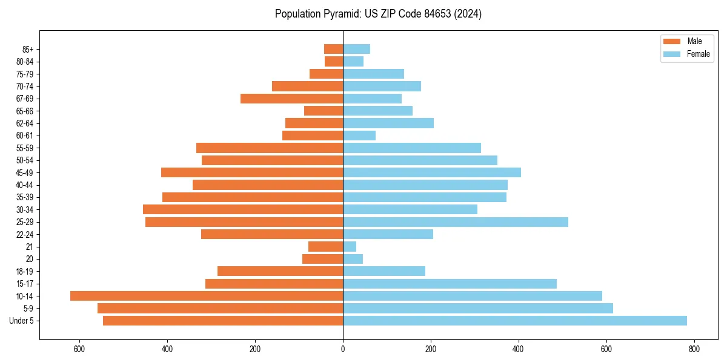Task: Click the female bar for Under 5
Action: tap(515, 321)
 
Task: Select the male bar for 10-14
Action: tap(207, 296)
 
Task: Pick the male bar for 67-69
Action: tap(291, 99)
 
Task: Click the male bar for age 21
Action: tap(325, 247)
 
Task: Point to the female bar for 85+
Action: tap(356, 49)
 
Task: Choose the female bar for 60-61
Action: tap(359, 136)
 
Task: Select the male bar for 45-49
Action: tap(252, 172)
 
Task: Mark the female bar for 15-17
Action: tap(450, 284)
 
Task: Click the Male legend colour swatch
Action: tap(672, 41)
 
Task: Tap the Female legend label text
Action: tap(698, 54)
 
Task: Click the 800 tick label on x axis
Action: tap(694, 349)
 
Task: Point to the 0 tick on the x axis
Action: tap(343, 349)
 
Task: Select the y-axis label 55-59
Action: tap(25, 148)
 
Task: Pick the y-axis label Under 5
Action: tap(22, 321)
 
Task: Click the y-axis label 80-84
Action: tap(25, 62)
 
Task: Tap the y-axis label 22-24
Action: tap(25, 235)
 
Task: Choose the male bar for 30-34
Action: tap(243, 209)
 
